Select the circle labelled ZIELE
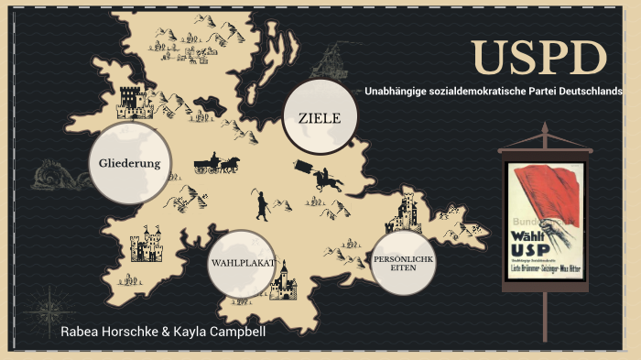(319, 117)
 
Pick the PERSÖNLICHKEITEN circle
(402, 263)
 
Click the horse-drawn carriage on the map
(216, 164)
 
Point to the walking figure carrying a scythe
(262, 204)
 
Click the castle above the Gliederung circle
(135, 102)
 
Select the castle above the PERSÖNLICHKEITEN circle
(405, 215)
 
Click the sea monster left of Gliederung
(58, 174)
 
